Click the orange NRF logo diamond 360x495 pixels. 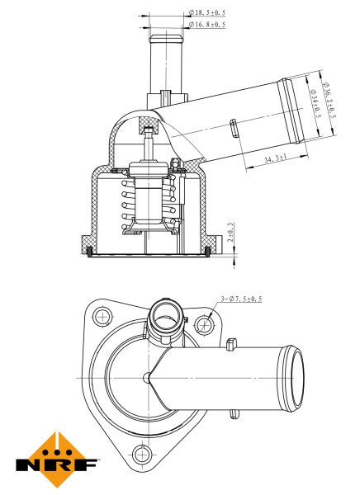pyautogui.click(x=55, y=450)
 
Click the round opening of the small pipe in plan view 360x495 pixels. pyautogui.click(x=164, y=316)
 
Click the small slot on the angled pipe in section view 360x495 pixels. pyautogui.click(x=234, y=127)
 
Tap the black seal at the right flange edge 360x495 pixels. pyautogui.click(x=206, y=248)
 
